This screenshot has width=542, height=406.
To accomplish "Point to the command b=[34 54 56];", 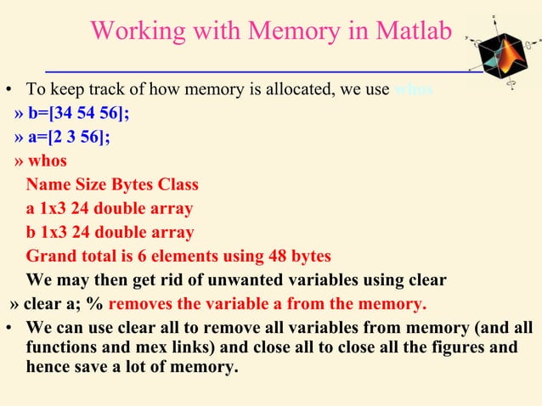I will pyautogui.click(x=71, y=114).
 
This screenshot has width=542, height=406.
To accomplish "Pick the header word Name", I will pyautogui.click(x=48, y=185).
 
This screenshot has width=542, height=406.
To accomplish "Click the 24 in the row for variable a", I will pyautogui.click(x=78, y=209).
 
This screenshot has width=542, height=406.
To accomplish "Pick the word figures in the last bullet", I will pyautogui.click(x=455, y=348).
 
